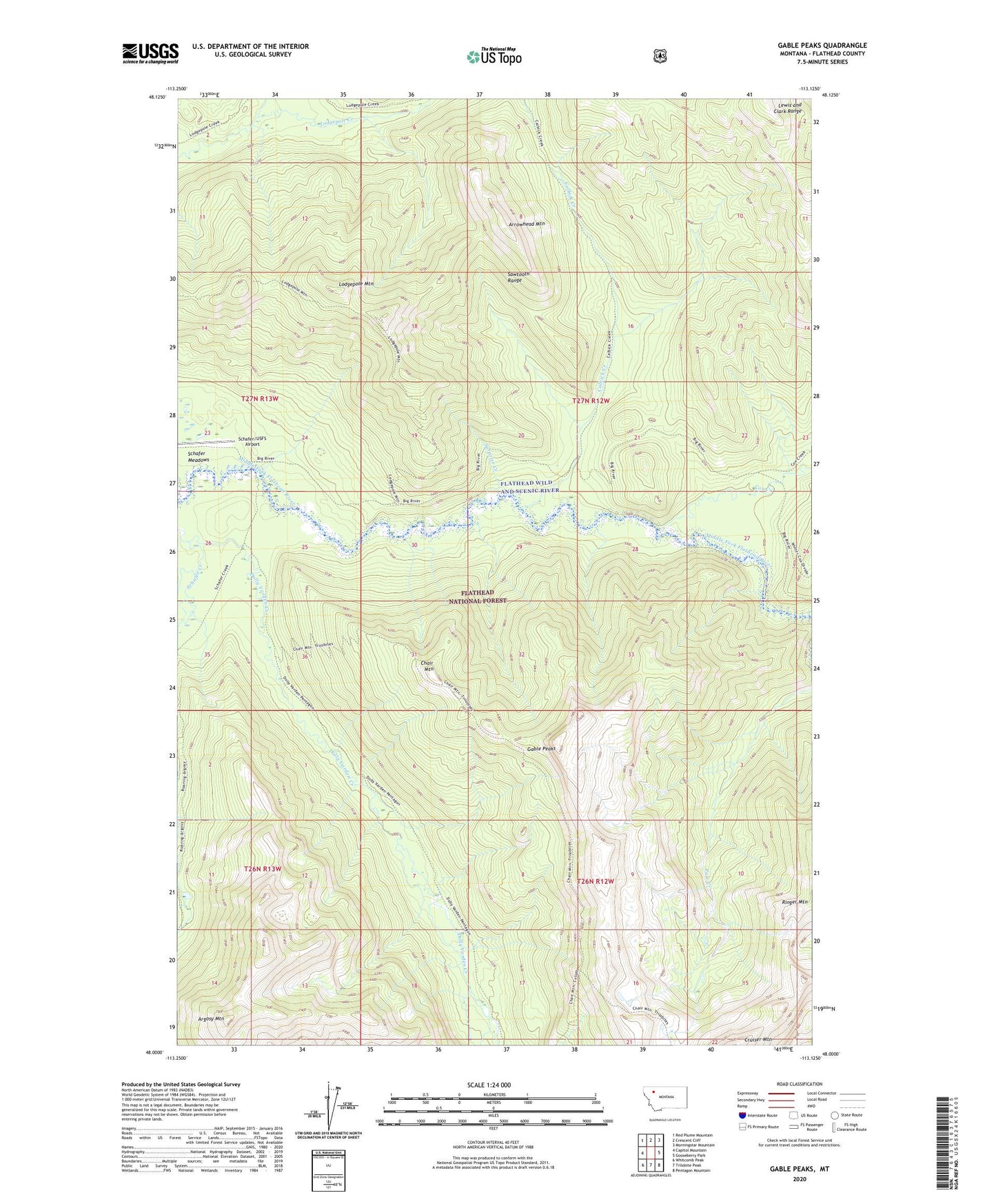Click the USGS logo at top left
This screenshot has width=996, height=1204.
point(150,53)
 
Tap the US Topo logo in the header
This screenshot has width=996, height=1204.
point(494,57)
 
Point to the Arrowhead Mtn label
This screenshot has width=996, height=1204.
point(527,224)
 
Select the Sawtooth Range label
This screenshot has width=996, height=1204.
point(519,277)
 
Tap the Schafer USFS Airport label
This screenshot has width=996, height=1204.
point(252,441)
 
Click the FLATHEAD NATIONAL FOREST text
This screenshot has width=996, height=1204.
point(483,596)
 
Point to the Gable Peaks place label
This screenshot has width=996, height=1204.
point(541,749)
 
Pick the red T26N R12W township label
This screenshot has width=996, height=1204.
point(595,881)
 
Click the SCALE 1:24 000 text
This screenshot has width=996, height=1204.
point(489,1085)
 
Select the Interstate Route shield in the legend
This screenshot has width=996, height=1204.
point(742,1115)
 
